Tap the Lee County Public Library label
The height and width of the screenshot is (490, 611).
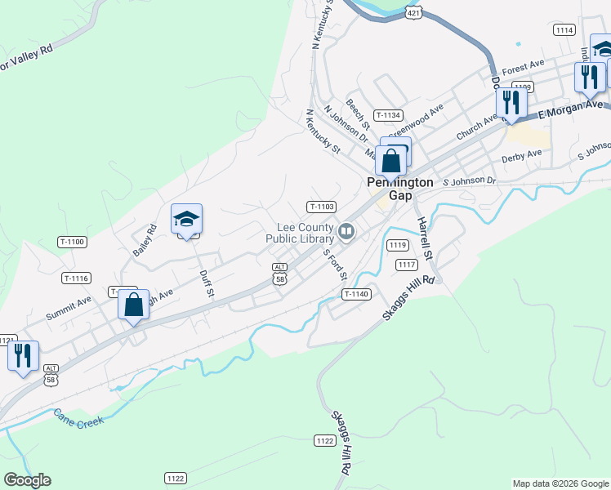point(300,233)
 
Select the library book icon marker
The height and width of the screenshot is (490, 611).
point(347,233)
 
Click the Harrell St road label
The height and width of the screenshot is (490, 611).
point(424,239)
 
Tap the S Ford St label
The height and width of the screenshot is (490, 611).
point(336,262)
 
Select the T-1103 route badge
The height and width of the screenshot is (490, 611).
point(321,207)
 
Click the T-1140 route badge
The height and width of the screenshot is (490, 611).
point(357,294)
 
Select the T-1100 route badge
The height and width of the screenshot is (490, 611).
point(72,242)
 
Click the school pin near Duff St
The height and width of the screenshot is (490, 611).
point(186,220)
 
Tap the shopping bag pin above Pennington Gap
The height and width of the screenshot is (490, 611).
point(392,160)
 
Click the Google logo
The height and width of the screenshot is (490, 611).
point(27,480)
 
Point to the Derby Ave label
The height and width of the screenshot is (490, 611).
point(522,154)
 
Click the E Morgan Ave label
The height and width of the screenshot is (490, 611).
point(571,109)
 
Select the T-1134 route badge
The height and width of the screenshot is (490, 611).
point(388,115)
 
